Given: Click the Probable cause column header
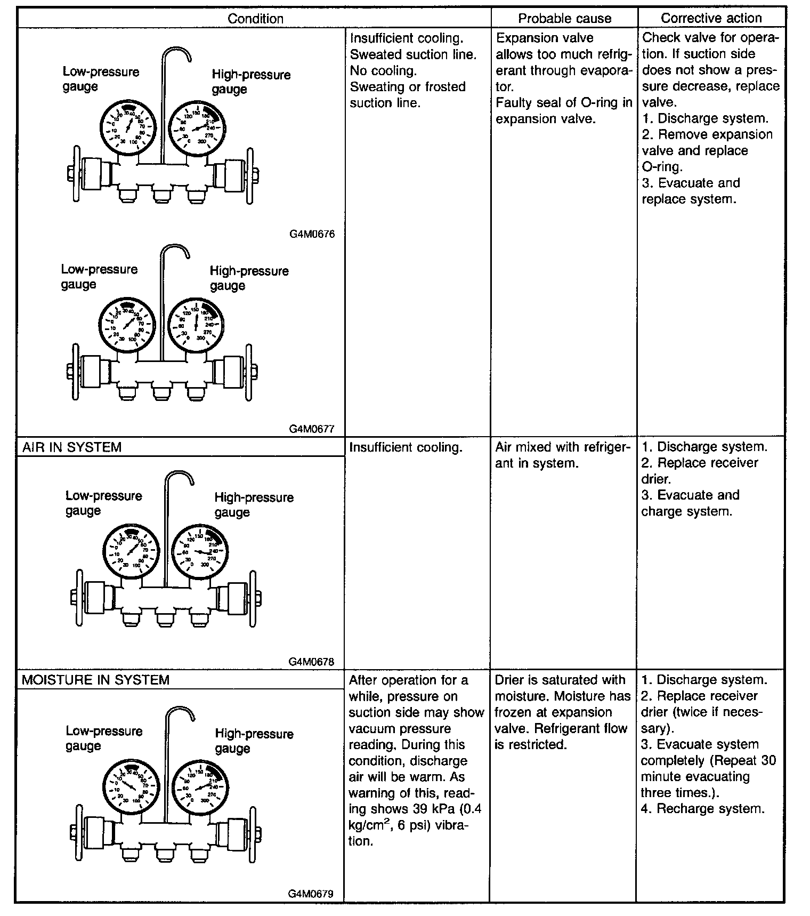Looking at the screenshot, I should coord(564,19).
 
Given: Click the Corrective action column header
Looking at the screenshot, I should coord(711,18).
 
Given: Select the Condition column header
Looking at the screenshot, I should coord(255,19).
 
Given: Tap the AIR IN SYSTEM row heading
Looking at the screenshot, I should coord(72,447).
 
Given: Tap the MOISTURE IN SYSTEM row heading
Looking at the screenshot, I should coord(95,680).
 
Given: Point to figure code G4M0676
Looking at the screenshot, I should coord(312,234).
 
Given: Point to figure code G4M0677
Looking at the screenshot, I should coord(312,428).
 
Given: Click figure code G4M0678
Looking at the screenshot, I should coord(312,662).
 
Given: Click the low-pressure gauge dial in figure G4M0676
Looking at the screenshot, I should coord(128,126).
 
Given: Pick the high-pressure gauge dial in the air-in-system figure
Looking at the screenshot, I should coord(200,553).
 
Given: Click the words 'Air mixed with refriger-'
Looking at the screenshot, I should coord(563,447).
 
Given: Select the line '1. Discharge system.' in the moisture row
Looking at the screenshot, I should coord(704,680).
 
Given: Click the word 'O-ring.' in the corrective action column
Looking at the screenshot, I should coord(662,167).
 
